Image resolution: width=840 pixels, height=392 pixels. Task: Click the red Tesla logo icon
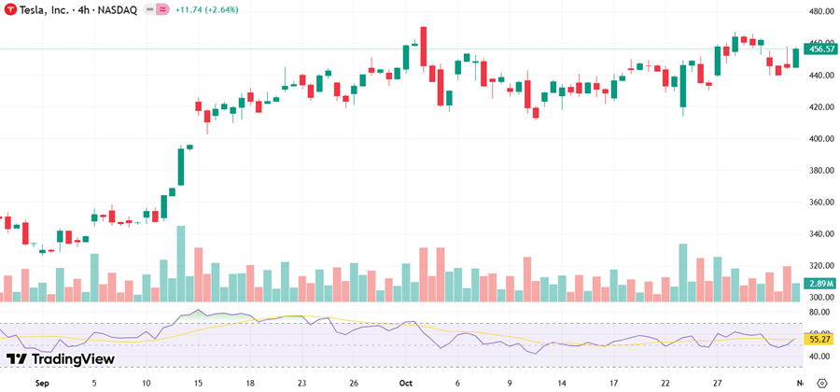[x=10, y=9]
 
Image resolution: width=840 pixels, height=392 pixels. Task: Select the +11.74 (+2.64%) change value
[x=213, y=9]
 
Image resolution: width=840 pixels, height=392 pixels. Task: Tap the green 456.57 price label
[x=819, y=49]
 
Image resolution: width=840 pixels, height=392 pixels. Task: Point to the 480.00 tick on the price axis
[x=820, y=11]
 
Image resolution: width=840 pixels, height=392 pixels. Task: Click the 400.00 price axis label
[x=820, y=138]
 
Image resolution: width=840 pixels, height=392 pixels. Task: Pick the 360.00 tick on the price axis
[x=820, y=202]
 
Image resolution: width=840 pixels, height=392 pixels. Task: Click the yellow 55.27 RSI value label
[x=819, y=340]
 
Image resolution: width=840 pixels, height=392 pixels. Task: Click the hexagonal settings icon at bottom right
[x=821, y=383]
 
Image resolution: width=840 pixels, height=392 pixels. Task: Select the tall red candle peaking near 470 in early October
[x=423, y=47]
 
